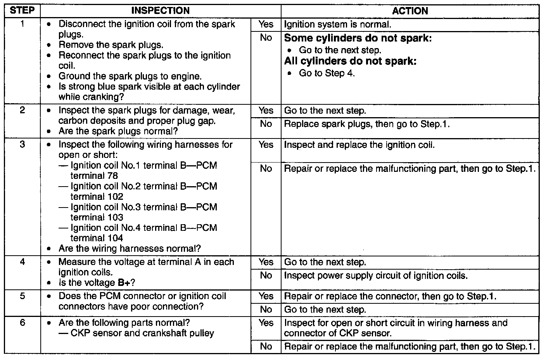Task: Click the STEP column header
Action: [22, 11]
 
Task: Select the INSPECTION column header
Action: [161, 11]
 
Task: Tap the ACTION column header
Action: [410, 11]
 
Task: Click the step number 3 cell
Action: [22, 145]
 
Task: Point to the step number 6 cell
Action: [22, 323]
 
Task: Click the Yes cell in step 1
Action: [266, 24]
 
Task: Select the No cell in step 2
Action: [266, 124]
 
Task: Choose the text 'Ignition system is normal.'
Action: [337, 24]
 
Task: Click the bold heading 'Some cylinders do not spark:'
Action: [358, 38]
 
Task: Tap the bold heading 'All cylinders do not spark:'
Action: [350, 61]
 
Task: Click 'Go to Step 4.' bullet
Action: [327, 73]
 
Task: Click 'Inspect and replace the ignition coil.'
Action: [359, 145]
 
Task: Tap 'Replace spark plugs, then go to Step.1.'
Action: [367, 124]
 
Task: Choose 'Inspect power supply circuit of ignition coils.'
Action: [376, 276]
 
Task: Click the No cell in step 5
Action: [266, 310]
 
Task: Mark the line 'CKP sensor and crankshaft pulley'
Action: [142, 333]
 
